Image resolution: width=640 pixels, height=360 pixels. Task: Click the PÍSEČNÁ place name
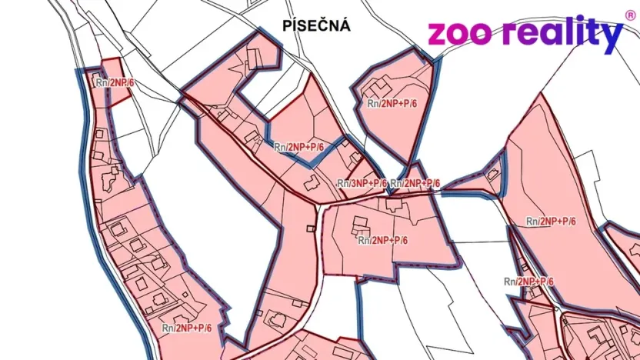pos(317,26)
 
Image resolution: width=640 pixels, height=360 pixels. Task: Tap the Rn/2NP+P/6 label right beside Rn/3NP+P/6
pos(415,183)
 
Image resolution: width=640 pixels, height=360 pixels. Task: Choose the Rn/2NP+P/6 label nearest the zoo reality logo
pos(392,103)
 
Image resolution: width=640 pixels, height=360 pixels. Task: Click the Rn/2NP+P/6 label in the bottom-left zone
pos(187,328)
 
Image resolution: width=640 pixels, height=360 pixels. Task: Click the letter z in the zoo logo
pos(436,34)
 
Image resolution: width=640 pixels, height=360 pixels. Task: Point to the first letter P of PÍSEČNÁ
pos(286,26)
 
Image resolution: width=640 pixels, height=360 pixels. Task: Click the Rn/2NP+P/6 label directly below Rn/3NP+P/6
pos(382,240)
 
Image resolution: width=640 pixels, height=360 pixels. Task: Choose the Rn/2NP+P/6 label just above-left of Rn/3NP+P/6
pos(299,146)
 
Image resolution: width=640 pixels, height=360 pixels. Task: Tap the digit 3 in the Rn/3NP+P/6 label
pos(355,183)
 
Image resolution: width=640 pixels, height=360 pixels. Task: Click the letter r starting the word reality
pos(508,35)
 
